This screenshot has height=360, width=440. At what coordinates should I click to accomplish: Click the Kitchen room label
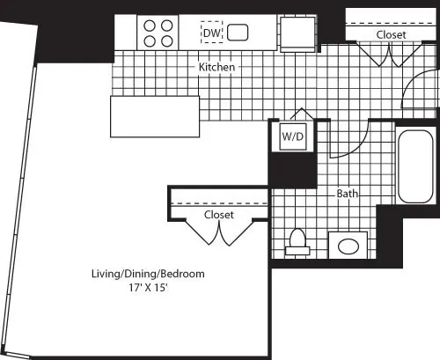(x=215, y=67)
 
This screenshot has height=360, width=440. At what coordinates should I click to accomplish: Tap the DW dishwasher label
(x=211, y=33)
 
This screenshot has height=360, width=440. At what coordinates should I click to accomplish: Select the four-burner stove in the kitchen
(x=158, y=33)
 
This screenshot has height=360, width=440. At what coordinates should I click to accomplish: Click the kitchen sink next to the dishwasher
(x=238, y=33)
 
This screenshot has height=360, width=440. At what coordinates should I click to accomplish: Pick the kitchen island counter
(x=150, y=116)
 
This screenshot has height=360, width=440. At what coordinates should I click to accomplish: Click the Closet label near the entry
(x=391, y=34)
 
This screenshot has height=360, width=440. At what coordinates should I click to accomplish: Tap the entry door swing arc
(x=414, y=94)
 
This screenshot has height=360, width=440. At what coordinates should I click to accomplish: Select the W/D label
(x=291, y=137)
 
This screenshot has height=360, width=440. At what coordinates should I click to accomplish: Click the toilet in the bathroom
(x=297, y=241)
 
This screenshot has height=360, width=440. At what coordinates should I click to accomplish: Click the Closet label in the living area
(x=218, y=214)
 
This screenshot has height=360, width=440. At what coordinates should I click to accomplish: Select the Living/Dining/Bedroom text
(x=147, y=274)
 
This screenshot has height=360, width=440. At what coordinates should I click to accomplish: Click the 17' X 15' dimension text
(x=147, y=287)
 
